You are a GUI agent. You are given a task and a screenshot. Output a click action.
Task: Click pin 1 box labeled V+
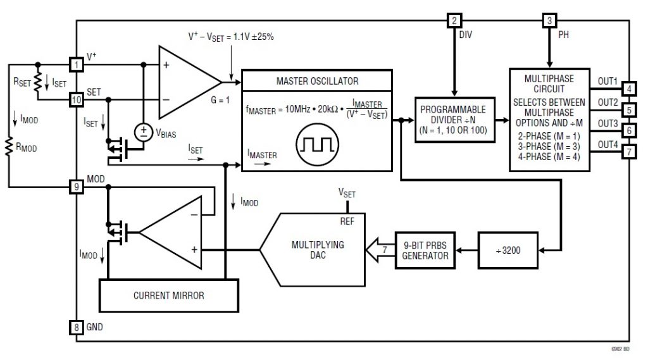click(x=76, y=64)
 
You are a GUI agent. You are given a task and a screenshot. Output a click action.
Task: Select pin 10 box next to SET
click(x=76, y=99)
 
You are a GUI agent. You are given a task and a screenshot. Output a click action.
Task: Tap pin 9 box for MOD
click(x=76, y=187)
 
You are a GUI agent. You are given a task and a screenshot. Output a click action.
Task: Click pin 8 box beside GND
click(x=76, y=327)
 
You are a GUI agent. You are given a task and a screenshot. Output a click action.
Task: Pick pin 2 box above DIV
click(x=454, y=20)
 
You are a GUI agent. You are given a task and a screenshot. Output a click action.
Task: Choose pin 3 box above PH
click(x=549, y=20)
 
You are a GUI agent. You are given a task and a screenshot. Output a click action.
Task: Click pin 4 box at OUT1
click(x=628, y=88)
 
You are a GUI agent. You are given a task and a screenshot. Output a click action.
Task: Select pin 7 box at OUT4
click(x=628, y=152)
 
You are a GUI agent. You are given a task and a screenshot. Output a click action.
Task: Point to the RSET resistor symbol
click(x=38, y=81)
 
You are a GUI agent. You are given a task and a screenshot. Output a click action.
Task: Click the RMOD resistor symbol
click(x=9, y=147)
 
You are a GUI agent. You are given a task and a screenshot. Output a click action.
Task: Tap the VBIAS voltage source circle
click(x=142, y=132)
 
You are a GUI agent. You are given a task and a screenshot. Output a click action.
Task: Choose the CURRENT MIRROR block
click(x=168, y=295)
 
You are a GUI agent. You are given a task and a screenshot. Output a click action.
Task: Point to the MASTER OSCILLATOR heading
click(x=317, y=82)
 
